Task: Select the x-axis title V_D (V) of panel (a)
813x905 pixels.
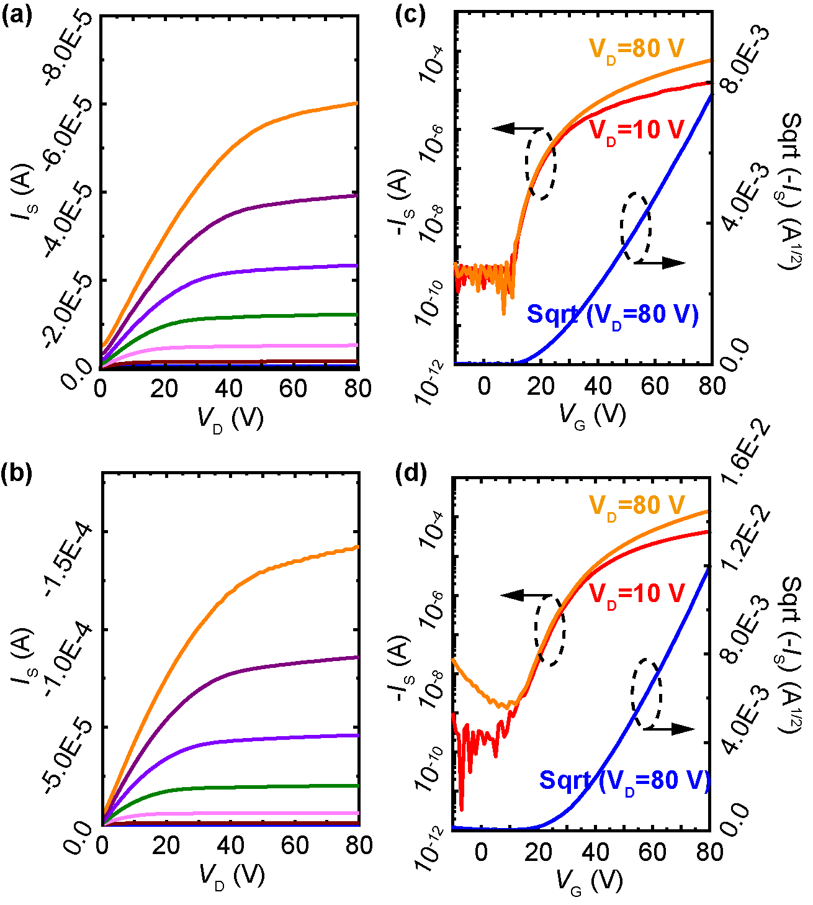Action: (230, 420)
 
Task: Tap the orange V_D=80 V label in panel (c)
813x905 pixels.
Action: (636, 48)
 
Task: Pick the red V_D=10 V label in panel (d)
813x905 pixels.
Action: (636, 594)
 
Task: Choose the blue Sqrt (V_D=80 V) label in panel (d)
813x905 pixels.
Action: (624, 780)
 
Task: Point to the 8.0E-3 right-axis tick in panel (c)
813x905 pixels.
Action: (747, 60)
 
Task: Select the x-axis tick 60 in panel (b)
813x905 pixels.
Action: (294, 845)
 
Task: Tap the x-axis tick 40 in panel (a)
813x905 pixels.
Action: (228, 389)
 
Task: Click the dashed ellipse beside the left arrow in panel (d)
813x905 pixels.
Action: (550, 631)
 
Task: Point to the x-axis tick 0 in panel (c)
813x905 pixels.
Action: (484, 386)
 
